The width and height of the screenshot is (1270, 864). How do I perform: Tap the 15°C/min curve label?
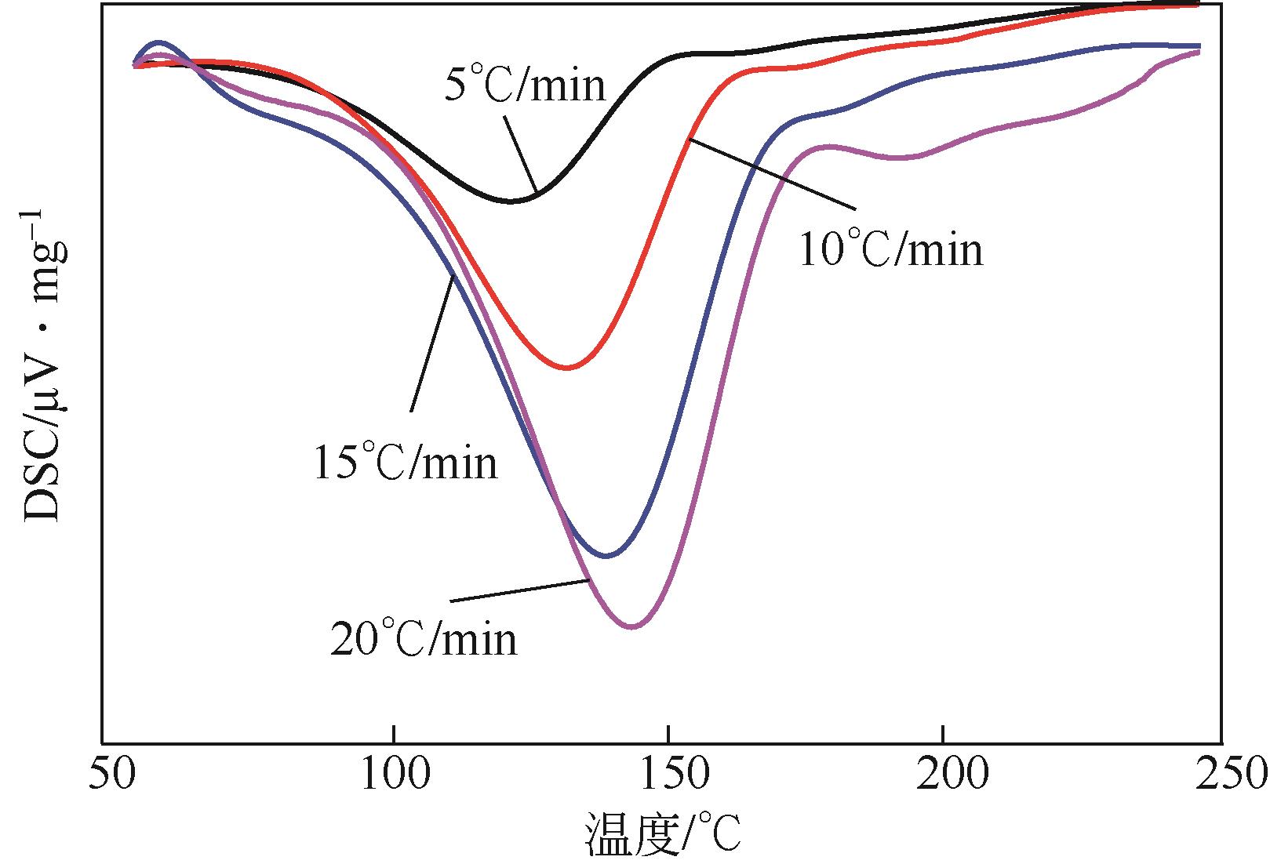click(406, 463)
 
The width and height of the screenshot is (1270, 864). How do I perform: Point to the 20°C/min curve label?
click(424, 638)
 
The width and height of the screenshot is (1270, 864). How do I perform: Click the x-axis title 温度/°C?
click(663, 836)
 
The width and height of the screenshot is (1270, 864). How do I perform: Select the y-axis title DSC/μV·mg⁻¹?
click(43, 365)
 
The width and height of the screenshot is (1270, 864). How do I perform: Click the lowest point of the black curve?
click(511, 201)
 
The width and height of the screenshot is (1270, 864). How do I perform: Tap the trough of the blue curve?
click(606, 556)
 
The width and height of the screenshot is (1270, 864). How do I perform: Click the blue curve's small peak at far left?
click(158, 42)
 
